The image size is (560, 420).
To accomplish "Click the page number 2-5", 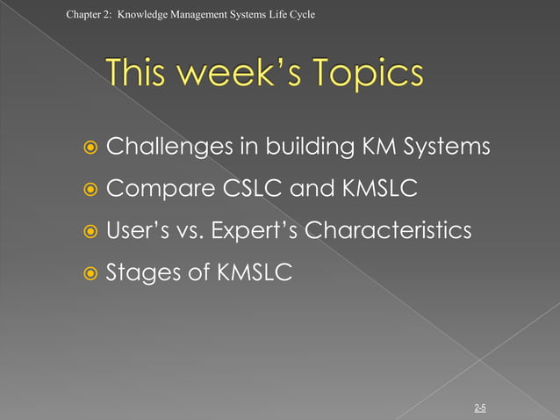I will point(480,408).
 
